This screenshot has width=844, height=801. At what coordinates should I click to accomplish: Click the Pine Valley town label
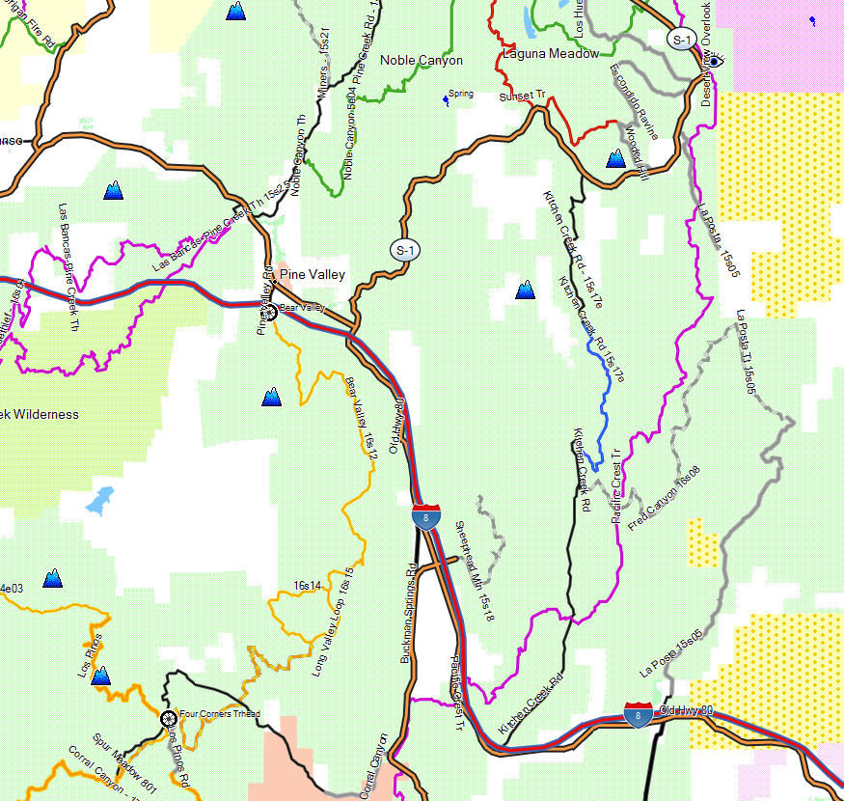pyautogui.click(x=312, y=275)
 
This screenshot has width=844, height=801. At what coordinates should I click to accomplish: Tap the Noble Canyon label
pyautogui.click(x=421, y=61)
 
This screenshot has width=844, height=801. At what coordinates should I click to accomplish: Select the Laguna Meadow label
pyautogui.click(x=551, y=54)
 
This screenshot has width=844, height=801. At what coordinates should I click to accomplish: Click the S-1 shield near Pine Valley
pyautogui.click(x=405, y=250)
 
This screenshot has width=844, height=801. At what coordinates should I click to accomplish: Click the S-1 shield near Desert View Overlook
pyautogui.click(x=681, y=39)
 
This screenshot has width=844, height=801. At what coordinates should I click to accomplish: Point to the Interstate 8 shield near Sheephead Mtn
pyautogui.click(x=426, y=516)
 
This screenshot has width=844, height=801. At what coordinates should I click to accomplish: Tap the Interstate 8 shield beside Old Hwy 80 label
pyautogui.click(x=638, y=716)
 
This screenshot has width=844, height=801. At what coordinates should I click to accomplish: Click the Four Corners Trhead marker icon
pyautogui.click(x=168, y=718)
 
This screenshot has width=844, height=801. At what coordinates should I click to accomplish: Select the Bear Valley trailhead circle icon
pyautogui.click(x=270, y=312)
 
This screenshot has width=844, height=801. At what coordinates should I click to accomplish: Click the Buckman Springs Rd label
pyautogui.click(x=408, y=613)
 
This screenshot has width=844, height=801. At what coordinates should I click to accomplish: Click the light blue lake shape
pyautogui.click(x=98, y=499)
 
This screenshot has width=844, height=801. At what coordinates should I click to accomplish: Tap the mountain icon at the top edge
pyautogui.click(x=234, y=12)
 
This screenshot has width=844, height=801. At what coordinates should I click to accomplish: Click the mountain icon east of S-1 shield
pyautogui.click(x=525, y=289)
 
